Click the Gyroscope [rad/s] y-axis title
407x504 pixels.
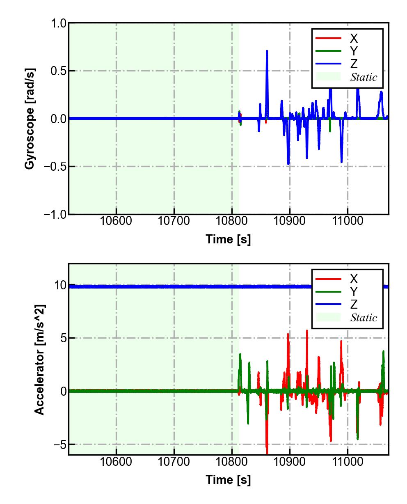pyautogui.click(x=30, y=119)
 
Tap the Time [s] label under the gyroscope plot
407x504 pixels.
pyautogui.click(x=228, y=239)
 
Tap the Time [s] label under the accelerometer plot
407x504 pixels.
pyautogui.click(x=228, y=479)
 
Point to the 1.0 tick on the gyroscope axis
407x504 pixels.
pyautogui.click(x=58, y=23)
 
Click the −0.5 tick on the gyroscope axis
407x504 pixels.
pyautogui.click(x=56, y=167)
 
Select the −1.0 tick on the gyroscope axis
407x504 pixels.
pyautogui.click(x=56, y=214)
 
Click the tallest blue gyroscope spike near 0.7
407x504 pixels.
pyautogui.click(x=267, y=51)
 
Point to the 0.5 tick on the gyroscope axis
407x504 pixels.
pyautogui.click(x=58, y=71)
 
